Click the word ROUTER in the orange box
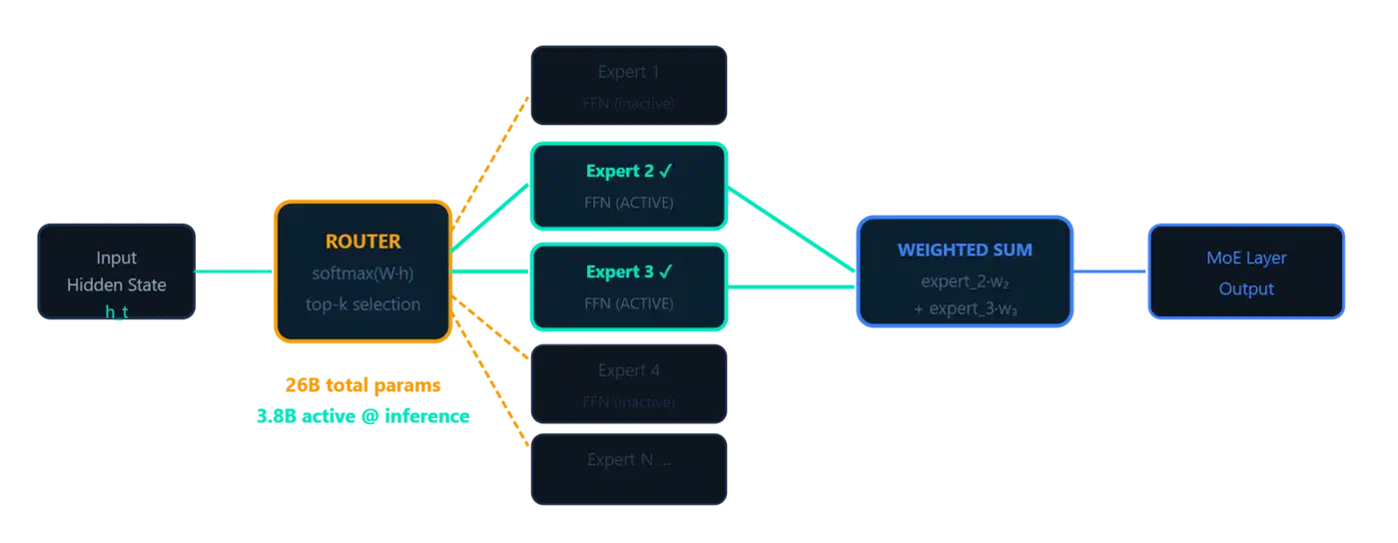362,242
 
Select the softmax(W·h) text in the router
362,273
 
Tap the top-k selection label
362,304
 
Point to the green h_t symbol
116,311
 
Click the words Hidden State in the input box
116,285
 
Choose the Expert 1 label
629,72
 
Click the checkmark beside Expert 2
666,171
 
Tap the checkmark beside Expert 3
666,271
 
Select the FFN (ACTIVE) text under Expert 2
629,203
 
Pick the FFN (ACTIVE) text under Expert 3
629,303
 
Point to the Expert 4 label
629,370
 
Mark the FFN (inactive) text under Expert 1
629,103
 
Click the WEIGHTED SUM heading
965,251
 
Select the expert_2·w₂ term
965,281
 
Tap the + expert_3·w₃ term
965,309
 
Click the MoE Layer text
1246,259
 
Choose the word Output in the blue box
1246,289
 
